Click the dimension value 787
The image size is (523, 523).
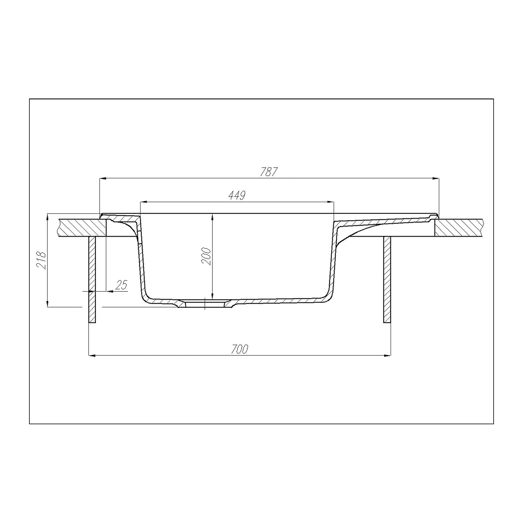pos(268,172)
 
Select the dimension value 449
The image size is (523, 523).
pos(237,195)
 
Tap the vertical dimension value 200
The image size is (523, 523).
pos(206,256)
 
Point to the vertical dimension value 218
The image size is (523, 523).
pos(42,260)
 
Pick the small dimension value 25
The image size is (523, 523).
pos(121,285)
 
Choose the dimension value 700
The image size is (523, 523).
pos(239,349)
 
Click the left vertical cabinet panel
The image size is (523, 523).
pos(92,280)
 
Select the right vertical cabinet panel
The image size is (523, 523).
pos(387,280)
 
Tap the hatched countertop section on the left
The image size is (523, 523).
pos(83,228)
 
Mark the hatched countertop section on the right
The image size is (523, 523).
pos(458,228)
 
